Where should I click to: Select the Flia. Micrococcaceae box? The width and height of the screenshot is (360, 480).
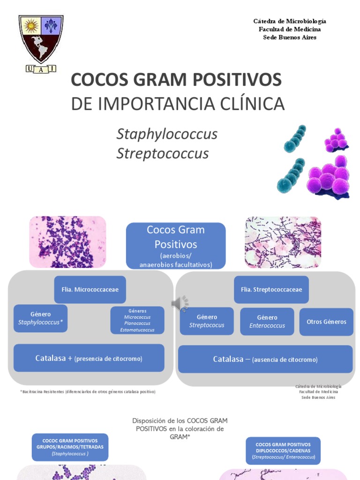[x=90, y=289]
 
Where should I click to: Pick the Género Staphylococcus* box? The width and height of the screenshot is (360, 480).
[x=40, y=318]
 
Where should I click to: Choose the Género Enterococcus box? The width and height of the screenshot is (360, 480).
[x=267, y=321]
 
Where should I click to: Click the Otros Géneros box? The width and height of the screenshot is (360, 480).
[x=326, y=322]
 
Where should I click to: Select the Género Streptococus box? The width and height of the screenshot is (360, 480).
[x=207, y=321]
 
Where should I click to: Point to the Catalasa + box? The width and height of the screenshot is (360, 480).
[x=89, y=358]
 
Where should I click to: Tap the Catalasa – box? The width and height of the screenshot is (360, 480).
[x=265, y=360]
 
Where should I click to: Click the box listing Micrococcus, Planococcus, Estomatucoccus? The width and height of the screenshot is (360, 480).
[x=137, y=320]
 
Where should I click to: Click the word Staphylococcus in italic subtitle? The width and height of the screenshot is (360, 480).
[x=167, y=134]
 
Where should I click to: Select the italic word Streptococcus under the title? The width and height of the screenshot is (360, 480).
[x=162, y=154]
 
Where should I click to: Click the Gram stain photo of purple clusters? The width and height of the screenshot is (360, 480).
[x=68, y=242]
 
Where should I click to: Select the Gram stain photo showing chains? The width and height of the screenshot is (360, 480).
[x=283, y=242]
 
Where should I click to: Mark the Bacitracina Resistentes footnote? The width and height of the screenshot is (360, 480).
[x=88, y=391]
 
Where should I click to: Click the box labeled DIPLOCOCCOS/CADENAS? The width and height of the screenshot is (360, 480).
[x=283, y=450]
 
